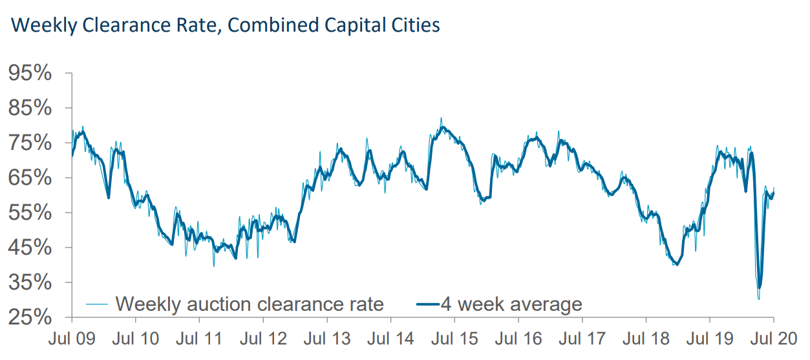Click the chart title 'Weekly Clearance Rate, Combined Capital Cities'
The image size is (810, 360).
coord(226,26)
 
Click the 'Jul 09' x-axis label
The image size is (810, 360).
coord(72,338)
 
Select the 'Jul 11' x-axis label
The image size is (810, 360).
coord(199,338)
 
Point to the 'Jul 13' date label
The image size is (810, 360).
coord(327,338)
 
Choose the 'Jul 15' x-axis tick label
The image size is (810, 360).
coord(454,338)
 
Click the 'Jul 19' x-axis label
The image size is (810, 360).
coord(710,338)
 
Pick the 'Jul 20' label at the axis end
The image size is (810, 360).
coord(774,338)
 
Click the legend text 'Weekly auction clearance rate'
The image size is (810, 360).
coord(250,303)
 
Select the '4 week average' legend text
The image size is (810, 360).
coord(511,303)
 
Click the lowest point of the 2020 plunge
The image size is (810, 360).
coord(758,299)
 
